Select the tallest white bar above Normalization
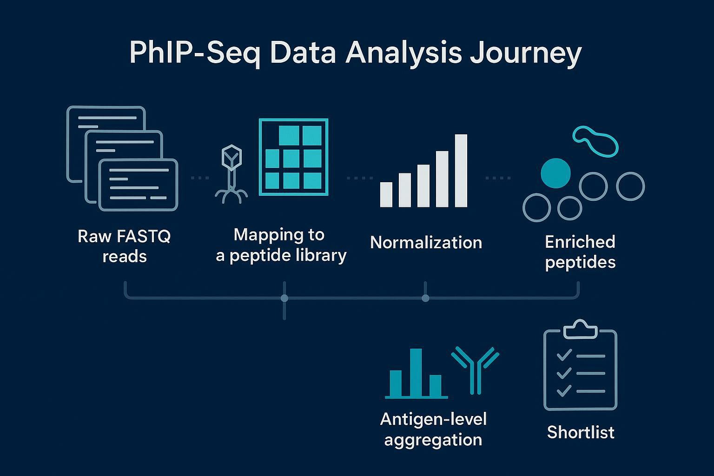(x=461, y=170)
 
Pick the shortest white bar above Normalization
(x=386, y=194)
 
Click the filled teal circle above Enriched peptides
(x=555, y=173)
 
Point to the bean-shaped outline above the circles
(x=595, y=141)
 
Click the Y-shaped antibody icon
(x=475, y=370)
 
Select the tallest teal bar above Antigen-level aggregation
(x=416, y=373)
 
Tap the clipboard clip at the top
(x=580, y=330)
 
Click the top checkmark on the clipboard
(x=564, y=356)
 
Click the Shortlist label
(x=581, y=432)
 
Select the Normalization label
(x=426, y=243)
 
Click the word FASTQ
(x=144, y=237)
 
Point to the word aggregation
(x=433, y=439)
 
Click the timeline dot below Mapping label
(x=284, y=298)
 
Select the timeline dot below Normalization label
(x=425, y=298)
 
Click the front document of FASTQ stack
(x=139, y=185)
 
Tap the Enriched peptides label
(x=580, y=252)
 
